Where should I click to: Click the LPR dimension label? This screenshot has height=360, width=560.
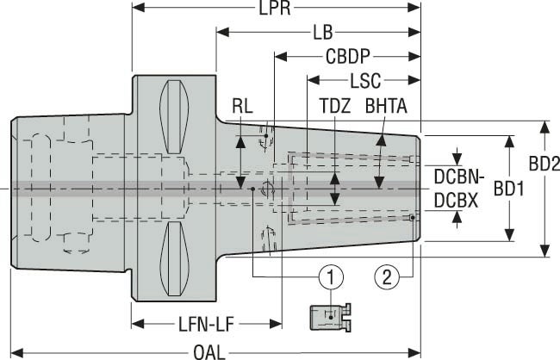[x=276, y=9]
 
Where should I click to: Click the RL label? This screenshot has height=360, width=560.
[x=242, y=106]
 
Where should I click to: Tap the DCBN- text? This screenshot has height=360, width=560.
[x=460, y=177]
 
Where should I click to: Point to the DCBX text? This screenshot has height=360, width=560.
[x=457, y=199]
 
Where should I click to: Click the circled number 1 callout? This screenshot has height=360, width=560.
[x=329, y=276]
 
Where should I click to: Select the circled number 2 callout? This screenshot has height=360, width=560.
[x=386, y=276]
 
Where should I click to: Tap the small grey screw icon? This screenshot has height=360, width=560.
[x=329, y=316]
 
